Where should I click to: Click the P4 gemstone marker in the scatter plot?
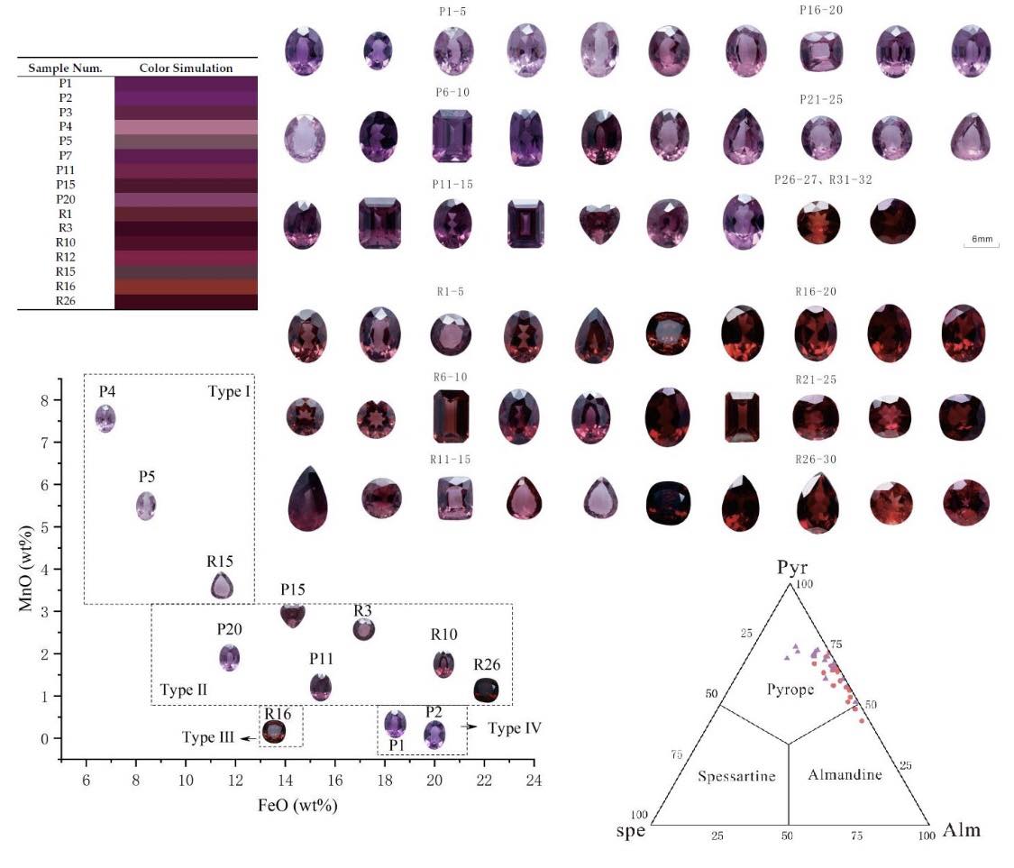[x=105, y=418]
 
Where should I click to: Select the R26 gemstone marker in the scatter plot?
[x=487, y=690]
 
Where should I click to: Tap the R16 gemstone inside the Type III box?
[x=273, y=732]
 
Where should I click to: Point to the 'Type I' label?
[x=229, y=391]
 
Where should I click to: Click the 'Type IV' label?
[x=515, y=728]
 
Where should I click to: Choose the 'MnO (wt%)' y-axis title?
[x=25, y=569]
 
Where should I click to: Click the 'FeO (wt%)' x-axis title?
[x=297, y=805]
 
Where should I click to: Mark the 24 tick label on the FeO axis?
[x=534, y=780]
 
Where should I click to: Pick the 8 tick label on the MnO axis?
[x=44, y=400]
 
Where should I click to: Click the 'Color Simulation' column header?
[x=187, y=68]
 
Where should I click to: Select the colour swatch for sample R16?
[x=187, y=287]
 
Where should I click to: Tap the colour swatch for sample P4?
[x=187, y=127]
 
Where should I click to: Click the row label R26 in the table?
[x=65, y=301]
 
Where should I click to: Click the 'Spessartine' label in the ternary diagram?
[x=736, y=776]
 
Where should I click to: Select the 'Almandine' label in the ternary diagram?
[x=845, y=775]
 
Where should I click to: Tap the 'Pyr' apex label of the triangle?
[x=791, y=568]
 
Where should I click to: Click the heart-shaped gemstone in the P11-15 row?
[x=598, y=224]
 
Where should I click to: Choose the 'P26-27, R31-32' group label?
[x=823, y=179]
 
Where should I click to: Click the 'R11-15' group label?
[x=450, y=459]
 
